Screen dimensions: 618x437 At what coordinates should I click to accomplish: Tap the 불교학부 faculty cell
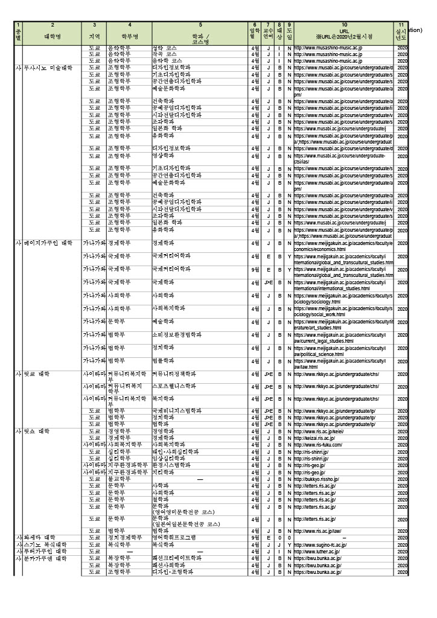(119, 479)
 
